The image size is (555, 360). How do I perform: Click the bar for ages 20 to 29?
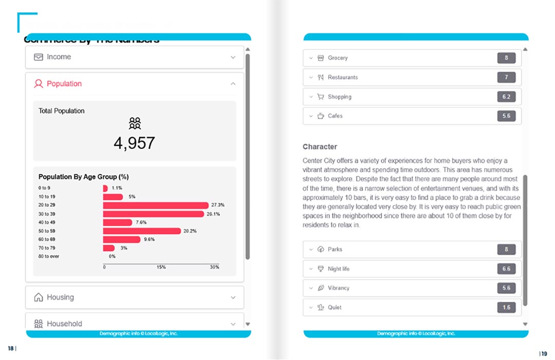(156, 205)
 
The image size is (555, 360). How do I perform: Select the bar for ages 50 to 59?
(142, 231)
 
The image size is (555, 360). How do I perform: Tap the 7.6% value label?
(141, 222)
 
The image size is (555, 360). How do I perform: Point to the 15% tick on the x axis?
(161, 267)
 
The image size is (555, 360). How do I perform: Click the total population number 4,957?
(134, 143)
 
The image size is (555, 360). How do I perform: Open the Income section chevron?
(233, 58)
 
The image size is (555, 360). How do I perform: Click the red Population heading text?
(64, 84)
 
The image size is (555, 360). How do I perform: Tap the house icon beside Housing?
(38, 297)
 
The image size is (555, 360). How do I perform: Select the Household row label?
(64, 324)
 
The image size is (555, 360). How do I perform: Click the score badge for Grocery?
(506, 58)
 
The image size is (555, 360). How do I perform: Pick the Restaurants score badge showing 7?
(506, 78)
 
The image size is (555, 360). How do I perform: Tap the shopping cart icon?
(321, 97)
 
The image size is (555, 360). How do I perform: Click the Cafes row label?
(335, 116)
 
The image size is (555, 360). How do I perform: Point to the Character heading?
(320, 147)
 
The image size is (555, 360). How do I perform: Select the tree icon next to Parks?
(321, 250)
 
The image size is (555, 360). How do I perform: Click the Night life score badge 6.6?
(506, 269)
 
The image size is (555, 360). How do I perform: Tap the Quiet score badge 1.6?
(506, 307)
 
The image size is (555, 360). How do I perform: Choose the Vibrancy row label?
(338, 288)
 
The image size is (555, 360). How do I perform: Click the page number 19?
(544, 353)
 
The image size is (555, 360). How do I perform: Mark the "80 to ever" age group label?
(49, 256)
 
